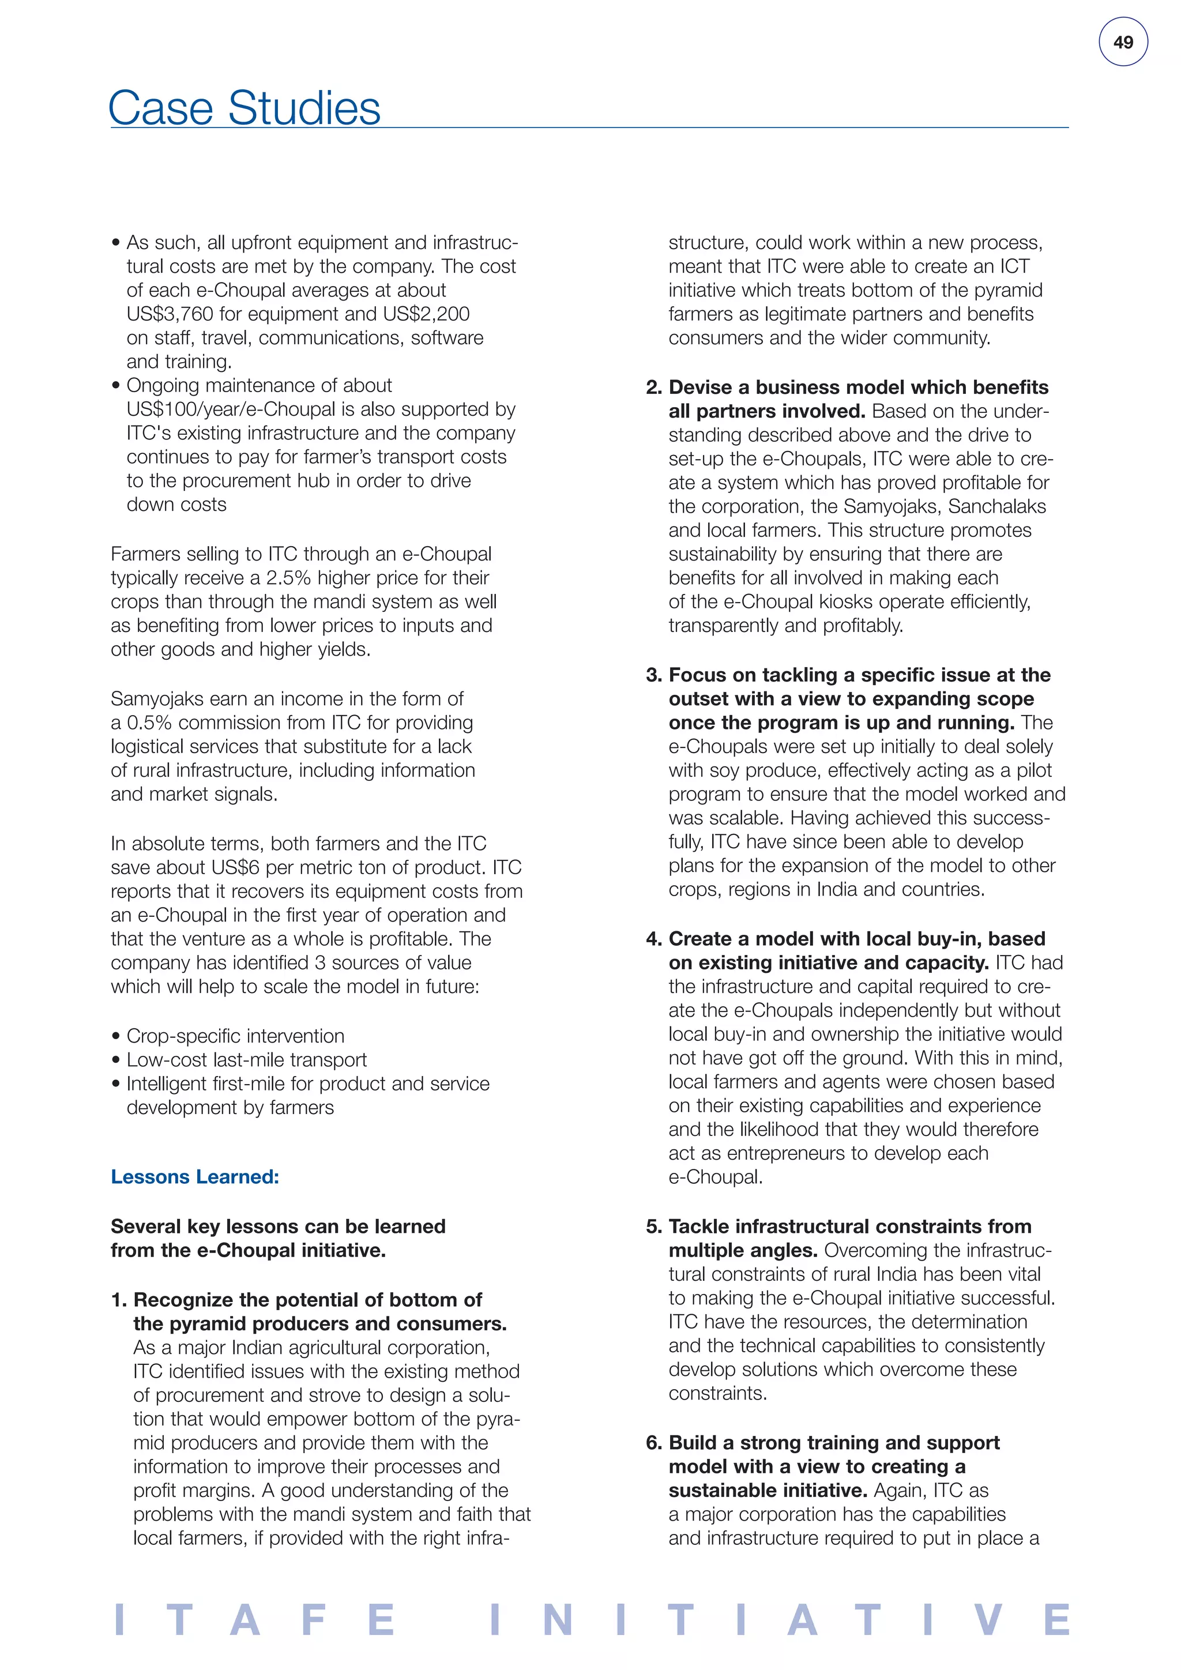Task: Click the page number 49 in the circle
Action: coord(1123,42)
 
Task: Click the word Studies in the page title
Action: coord(304,108)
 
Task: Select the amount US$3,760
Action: coord(170,314)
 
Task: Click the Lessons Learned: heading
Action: coord(195,1177)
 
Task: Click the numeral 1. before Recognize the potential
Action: coord(119,1300)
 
